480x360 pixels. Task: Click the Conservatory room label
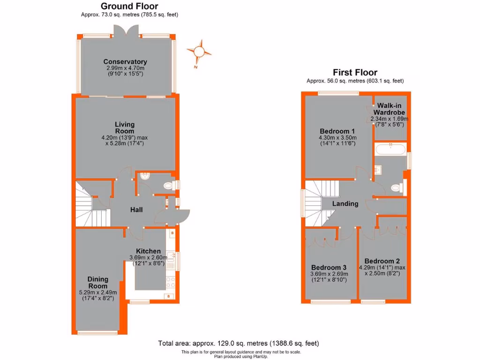(x=125, y=62)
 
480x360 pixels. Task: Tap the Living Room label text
(x=125, y=127)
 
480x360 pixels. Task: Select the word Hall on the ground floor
(x=136, y=210)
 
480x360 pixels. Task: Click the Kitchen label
(x=148, y=251)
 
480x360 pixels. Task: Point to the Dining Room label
(x=97, y=283)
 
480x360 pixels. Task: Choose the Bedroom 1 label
(x=337, y=131)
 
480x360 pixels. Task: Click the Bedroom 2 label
(x=382, y=261)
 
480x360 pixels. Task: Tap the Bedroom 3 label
(x=328, y=267)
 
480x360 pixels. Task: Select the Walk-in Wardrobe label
(x=389, y=109)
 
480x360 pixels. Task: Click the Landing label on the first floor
(x=345, y=203)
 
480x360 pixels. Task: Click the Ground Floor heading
(x=129, y=6)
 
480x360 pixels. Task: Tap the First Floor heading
(x=355, y=72)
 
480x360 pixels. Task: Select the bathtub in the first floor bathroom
(x=390, y=150)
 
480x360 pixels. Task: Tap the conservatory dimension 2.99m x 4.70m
(x=125, y=68)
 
